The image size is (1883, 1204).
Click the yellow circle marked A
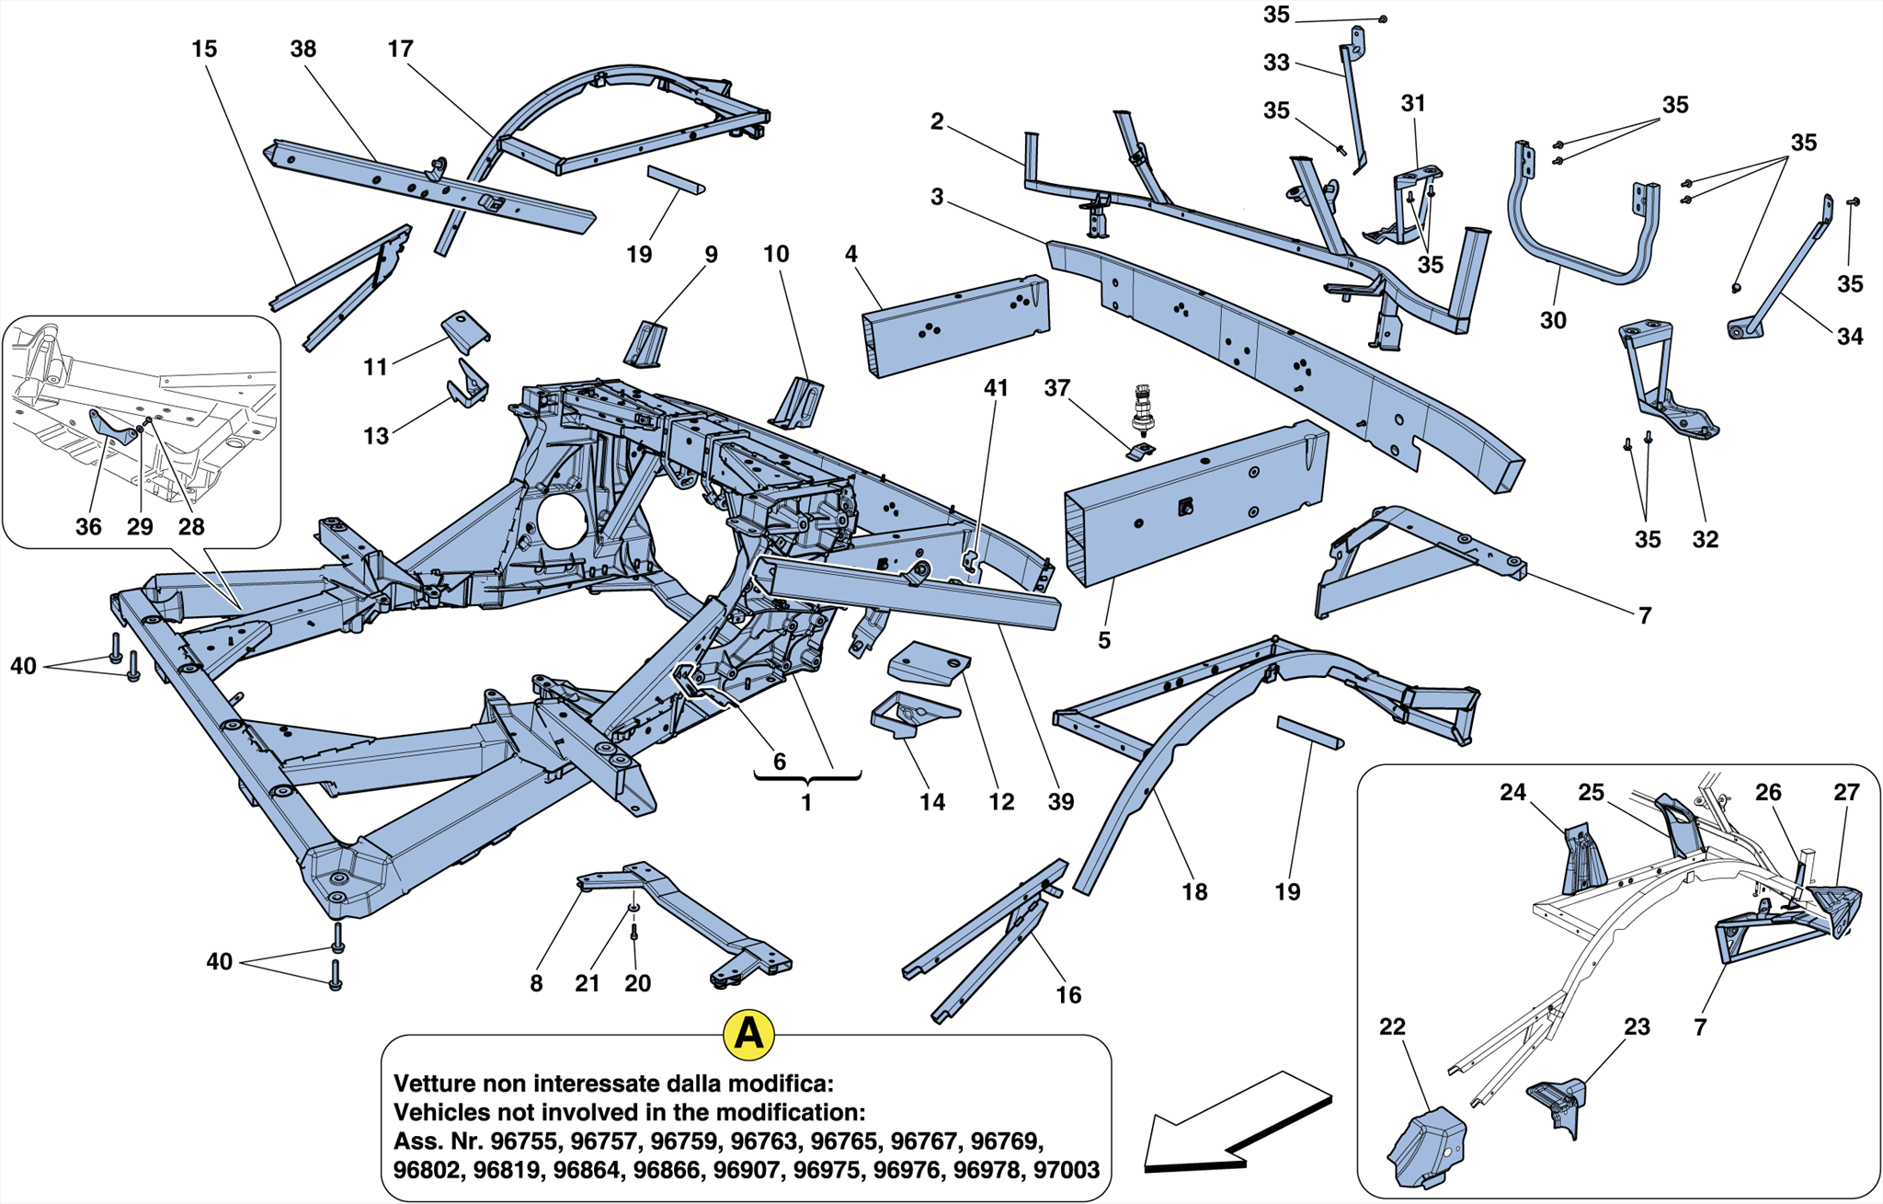pyautogui.click(x=748, y=1034)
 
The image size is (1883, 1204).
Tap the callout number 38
pyautogui.click(x=302, y=49)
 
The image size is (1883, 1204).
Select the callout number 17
pyautogui.click(x=400, y=49)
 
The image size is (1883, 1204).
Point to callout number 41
pyautogui.click(x=996, y=388)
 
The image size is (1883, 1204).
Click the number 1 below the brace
pyautogui.click(x=806, y=803)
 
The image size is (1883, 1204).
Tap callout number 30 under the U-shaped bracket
pyautogui.click(x=1553, y=320)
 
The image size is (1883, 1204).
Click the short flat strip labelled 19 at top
pyautogui.click(x=676, y=179)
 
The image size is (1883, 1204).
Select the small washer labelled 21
pyautogui.click(x=633, y=908)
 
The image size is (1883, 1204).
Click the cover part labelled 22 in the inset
pyautogui.click(x=1425, y=1145)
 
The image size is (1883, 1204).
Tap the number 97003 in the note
pyautogui.click(x=1066, y=1170)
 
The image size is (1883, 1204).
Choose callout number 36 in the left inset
pyautogui.click(x=88, y=527)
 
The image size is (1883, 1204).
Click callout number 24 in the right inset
pyautogui.click(x=1512, y=792)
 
